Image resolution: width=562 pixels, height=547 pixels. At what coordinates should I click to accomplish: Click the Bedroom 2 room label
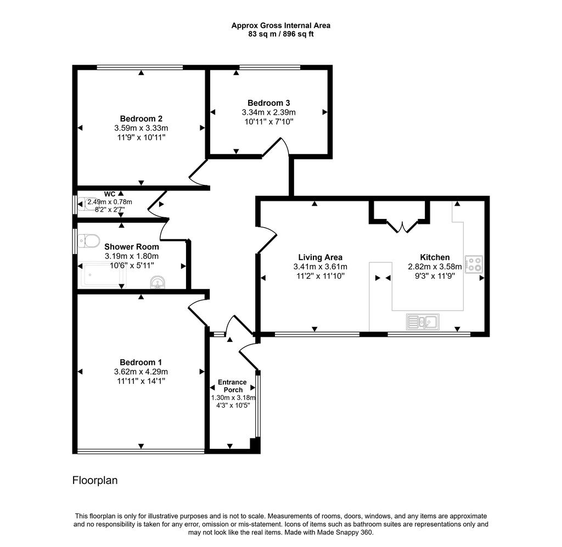141,119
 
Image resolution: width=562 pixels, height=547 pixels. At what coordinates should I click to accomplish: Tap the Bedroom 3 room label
269,103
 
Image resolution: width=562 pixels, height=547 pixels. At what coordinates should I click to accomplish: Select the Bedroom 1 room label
141,362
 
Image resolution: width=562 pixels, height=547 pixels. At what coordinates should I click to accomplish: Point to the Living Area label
321,257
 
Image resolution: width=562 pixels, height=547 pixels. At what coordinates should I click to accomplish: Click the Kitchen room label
435,257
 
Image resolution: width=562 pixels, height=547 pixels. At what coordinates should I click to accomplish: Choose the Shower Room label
132,247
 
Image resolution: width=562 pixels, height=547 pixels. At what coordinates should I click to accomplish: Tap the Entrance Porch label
233,386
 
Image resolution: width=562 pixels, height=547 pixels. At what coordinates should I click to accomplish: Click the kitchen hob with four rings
474,264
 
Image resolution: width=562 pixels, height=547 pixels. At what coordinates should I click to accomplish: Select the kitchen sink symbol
423,322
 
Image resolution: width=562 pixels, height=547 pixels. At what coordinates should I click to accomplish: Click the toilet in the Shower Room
89,241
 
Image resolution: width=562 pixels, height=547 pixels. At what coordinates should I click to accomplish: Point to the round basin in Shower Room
158,282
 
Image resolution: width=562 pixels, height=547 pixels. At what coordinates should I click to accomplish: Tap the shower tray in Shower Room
103,275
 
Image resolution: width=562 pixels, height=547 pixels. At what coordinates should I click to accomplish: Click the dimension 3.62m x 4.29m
141,372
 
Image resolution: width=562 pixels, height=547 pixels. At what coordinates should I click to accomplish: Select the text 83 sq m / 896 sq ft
281,35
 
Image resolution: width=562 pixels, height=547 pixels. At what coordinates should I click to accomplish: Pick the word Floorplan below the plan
95,481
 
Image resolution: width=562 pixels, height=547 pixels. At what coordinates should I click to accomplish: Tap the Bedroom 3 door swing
276,147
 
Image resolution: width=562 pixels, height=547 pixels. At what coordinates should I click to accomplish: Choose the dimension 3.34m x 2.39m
269,112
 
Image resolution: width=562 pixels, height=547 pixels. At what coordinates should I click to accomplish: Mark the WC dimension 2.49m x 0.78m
110,202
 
